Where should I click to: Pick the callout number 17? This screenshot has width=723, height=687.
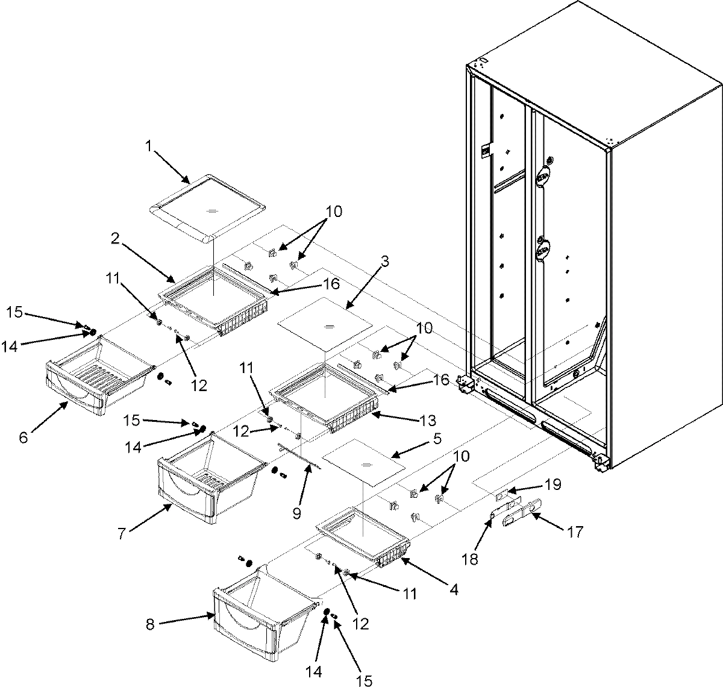[x=574, y=532]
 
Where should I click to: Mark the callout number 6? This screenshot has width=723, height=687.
[x=23, y=437]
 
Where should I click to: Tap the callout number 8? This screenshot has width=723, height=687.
[x=150, y=625]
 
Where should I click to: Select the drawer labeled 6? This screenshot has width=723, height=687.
[x=96, y=380]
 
